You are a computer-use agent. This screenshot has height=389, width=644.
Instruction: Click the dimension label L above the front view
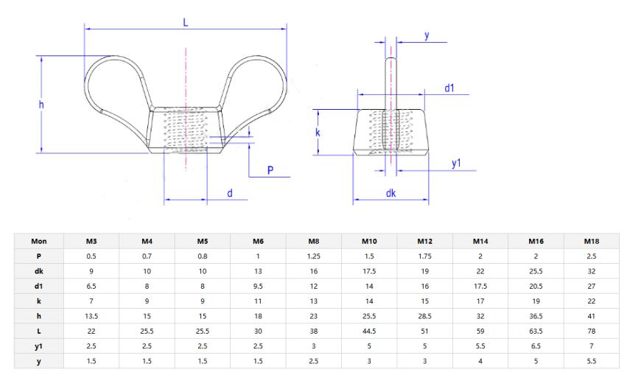coord(186,22)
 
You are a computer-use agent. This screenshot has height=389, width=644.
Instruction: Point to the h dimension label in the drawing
coord(41,105)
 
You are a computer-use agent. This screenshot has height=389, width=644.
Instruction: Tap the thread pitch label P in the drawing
coord(270,169)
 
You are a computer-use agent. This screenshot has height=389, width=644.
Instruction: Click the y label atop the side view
coord(427,35)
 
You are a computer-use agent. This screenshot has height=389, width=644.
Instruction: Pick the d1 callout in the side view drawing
coord(449,88)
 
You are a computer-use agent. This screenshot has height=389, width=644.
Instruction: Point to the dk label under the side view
coord(390,193)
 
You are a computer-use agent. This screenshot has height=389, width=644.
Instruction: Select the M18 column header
coord(591,241)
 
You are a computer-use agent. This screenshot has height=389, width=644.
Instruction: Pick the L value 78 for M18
coord(591,332)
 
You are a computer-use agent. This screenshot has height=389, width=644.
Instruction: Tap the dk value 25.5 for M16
coord(536,271)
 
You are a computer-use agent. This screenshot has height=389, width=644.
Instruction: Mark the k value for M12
coord(425,301)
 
